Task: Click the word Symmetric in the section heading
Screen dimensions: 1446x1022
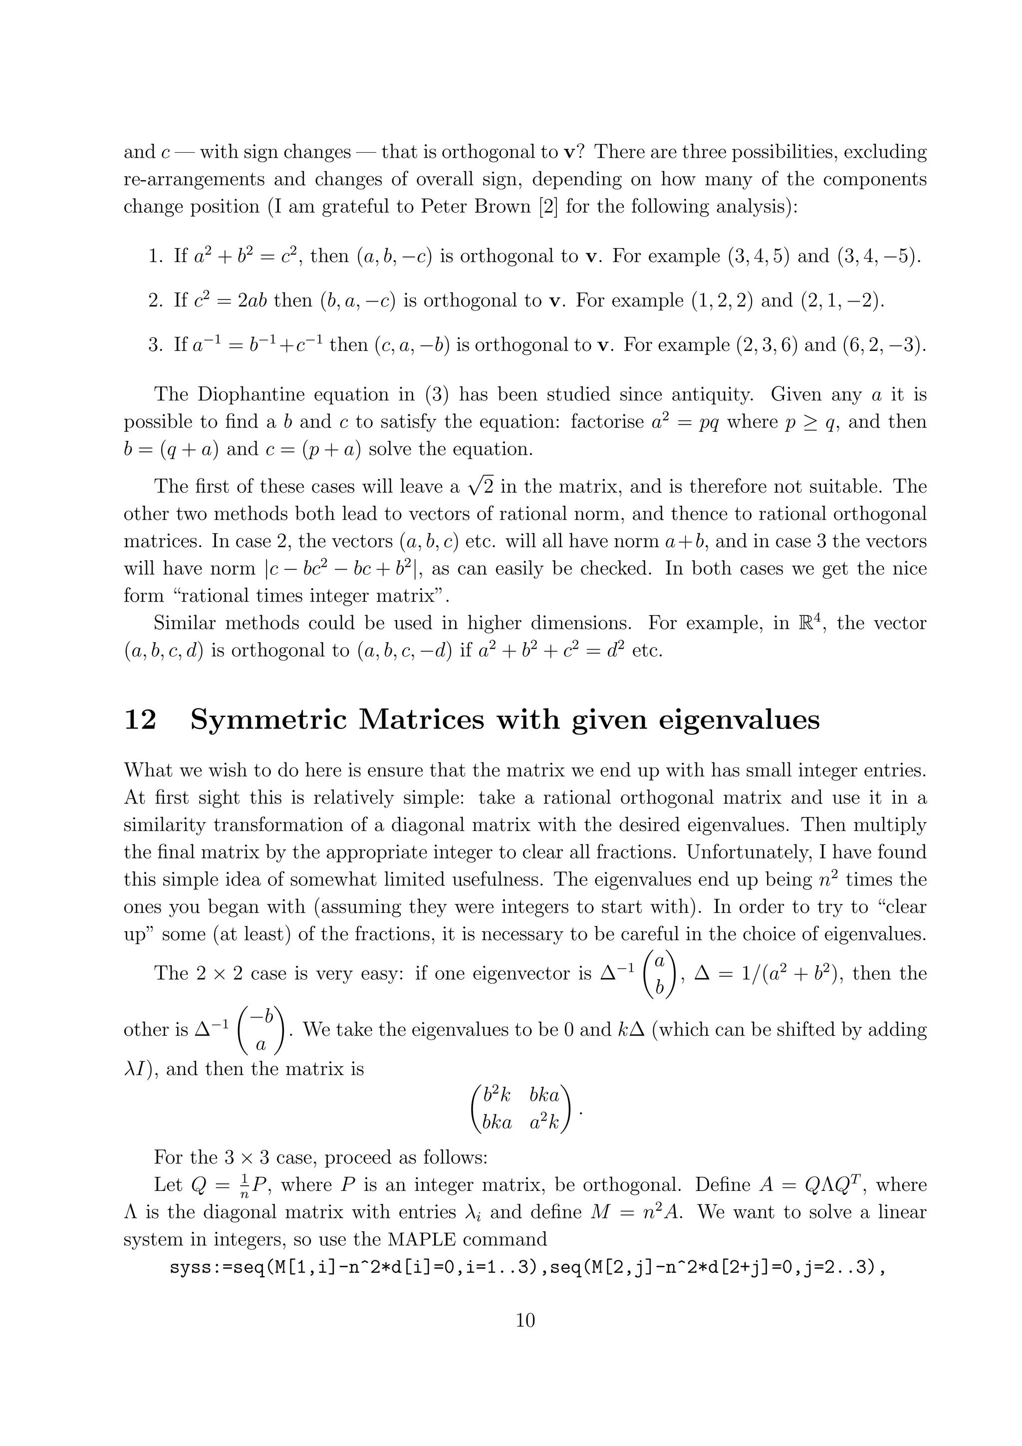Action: [267, 720]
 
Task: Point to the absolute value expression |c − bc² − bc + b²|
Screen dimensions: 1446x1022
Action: [342, 569]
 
